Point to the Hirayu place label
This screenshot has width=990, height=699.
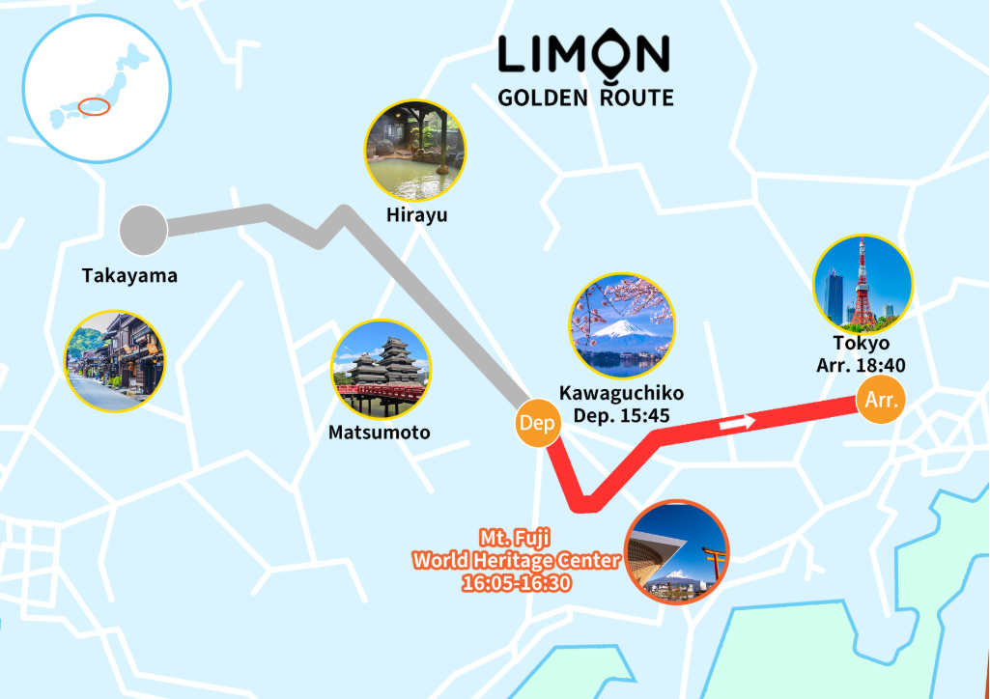point(415,215)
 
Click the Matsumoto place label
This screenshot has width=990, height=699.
point(380,432)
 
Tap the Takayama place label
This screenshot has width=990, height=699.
point(129,276)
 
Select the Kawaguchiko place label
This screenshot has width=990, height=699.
point(621,393)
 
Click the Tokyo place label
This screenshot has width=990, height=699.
point(861,344)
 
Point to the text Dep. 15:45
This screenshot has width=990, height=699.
point(621,415)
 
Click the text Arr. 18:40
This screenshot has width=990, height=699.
point(861,365)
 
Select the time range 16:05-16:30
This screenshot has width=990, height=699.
point(517,583)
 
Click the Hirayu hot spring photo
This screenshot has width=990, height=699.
point(415,150)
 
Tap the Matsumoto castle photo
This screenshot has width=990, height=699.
point(381,371)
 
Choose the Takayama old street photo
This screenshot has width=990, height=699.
point(114,361)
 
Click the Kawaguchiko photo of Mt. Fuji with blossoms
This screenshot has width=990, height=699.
point(622,325)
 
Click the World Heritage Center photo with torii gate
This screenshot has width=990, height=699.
point(677,551)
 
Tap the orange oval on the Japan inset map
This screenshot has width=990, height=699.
point(95,106)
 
